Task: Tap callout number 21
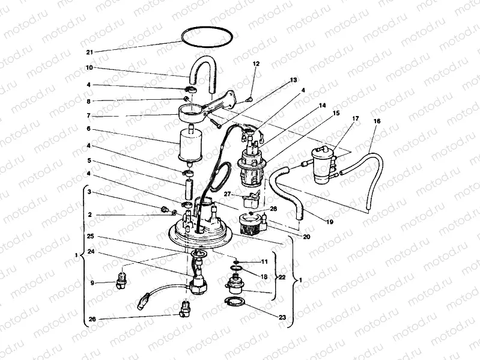pos(89,52)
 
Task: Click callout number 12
pos(255,64)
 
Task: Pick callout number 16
pos(377,121)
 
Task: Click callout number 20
pos(306,237)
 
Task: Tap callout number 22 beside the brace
pos(281,277)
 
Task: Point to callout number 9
pos(93,282)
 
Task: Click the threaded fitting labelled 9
pos(122,279)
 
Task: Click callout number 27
pos(228,194)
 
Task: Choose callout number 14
pos(322,105)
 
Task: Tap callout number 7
pos(88,115)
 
